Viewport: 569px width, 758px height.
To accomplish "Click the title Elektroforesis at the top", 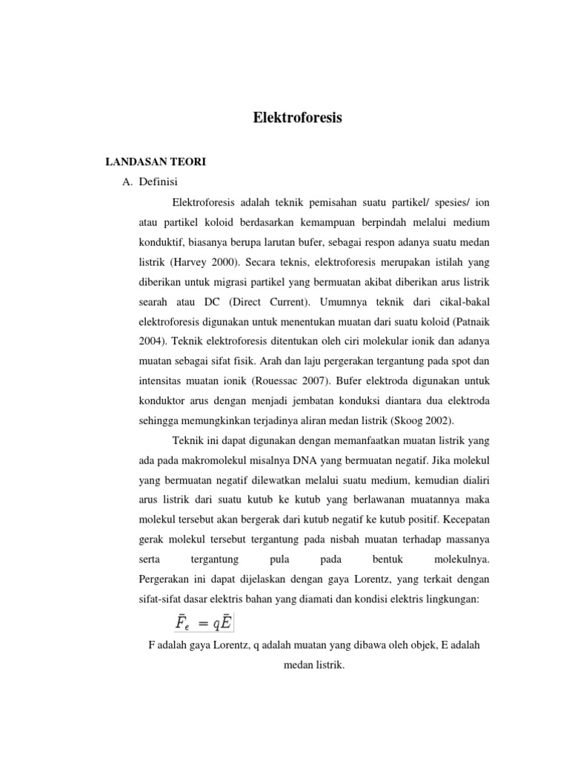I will coord(298,117).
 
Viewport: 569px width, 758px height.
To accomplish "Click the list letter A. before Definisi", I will coord(129,181).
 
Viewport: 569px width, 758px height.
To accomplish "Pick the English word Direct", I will coord(249,302).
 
